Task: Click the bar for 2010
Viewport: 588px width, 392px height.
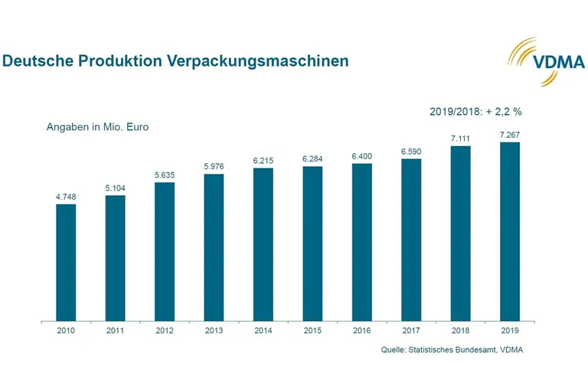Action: click(x=66, y=262)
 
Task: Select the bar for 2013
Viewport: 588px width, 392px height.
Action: click(x=214, y=247)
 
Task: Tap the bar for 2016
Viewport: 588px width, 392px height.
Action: click(x=361, y=242)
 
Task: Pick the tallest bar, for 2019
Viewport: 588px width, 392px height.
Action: click(x=509, y=231)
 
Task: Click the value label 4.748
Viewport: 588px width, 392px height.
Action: click(x=66, y=197)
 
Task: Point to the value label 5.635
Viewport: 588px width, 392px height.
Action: click(x=165, y=175)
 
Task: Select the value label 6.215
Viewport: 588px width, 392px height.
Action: click(x=263, y=161)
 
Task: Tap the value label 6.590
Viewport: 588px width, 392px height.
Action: click(x=411, y=152)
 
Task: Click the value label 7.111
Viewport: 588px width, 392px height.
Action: click(x=460, y=139)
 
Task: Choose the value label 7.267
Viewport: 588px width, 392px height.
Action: click(x=509, y=135)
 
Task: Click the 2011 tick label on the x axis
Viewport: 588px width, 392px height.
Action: click(x=115, y=331)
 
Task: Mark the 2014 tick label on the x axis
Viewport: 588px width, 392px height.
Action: click(x=263, y=331)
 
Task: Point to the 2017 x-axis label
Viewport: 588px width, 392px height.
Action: click(x=411, y=331)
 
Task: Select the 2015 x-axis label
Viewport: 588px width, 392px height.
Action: click(x=312, y=331)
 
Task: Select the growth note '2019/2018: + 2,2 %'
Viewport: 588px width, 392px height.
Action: click(x=475, y=111)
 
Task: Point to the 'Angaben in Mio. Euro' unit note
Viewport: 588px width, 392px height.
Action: click(x=97, y=127)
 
